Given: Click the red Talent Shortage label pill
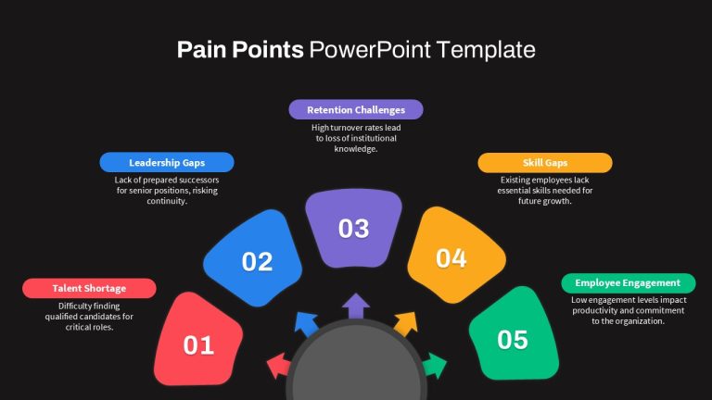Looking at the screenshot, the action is [89, 289].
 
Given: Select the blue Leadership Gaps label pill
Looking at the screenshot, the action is [167, 162].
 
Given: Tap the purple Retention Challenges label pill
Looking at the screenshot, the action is [356, 110].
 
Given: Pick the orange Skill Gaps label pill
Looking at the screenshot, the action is [545, 163].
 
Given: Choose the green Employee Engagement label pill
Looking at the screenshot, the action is [629, 283].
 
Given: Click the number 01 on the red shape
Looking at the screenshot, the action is [198, 345].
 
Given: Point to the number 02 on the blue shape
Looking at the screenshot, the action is [257, 262].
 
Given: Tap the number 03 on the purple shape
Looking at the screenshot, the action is [354, 229].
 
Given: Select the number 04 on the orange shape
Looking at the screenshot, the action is [451, 258].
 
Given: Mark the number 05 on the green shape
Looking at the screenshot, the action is [513, 340].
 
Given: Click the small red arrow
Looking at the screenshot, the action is [278, 366].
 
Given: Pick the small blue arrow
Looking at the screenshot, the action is [306, 324].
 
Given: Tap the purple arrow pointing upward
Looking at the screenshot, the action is [356, 306].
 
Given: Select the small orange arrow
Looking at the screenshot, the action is [405, 323].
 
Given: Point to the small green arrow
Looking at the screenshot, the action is [435, 366].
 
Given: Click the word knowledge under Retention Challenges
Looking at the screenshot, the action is [356, 149].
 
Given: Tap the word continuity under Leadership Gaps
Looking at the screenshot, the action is [167, 201].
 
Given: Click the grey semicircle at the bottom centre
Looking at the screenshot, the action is [356, 363].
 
